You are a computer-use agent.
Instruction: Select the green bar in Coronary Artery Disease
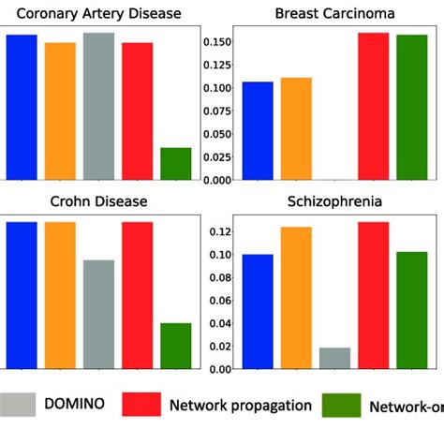[176, 164]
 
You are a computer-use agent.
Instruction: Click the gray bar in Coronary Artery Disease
[98, 106]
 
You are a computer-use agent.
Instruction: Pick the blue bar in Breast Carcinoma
[258, 131]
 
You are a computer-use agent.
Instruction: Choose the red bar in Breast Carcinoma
[373, 106]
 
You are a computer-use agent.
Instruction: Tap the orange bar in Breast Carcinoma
[296, 128]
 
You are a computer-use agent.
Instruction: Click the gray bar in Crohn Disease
[98, 314]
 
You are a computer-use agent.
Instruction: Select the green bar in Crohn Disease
[176, 346]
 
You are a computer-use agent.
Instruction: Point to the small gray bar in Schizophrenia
[334, 358]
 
